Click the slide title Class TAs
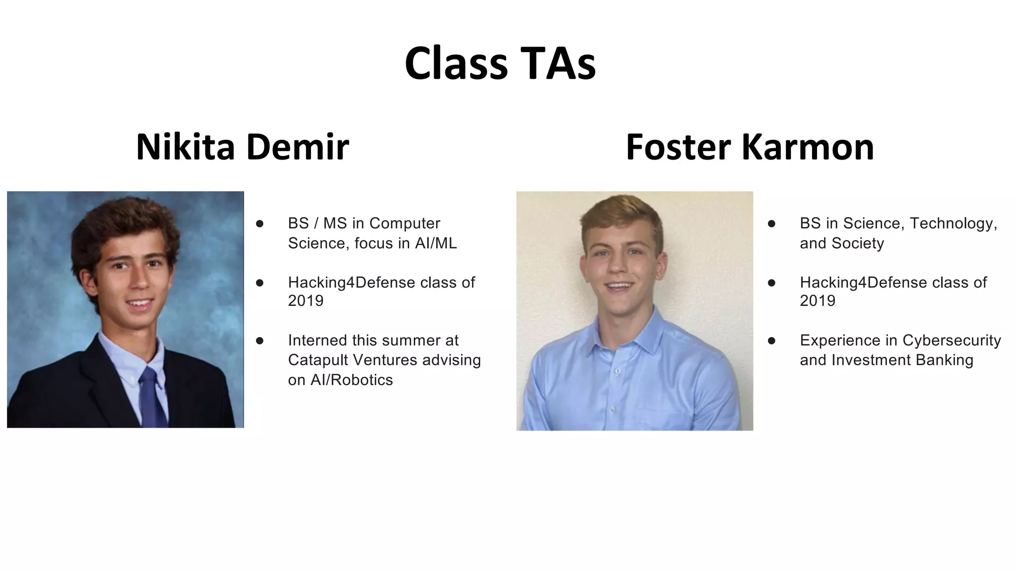(x=500, y=63)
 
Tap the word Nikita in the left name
(x=185, y=147)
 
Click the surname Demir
(x=297, y=147)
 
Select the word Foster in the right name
(x=678, y=147)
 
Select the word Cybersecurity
(x=952, y=341)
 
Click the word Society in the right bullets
(x=858, y=243)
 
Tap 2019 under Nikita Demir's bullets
(x=306, y=301)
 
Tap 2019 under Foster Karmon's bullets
(x=818, y=301)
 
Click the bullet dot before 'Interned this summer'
(x=259, y=341)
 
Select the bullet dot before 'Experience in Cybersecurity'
(x=771, y=341)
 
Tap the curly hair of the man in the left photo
(x=124, y=223)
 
